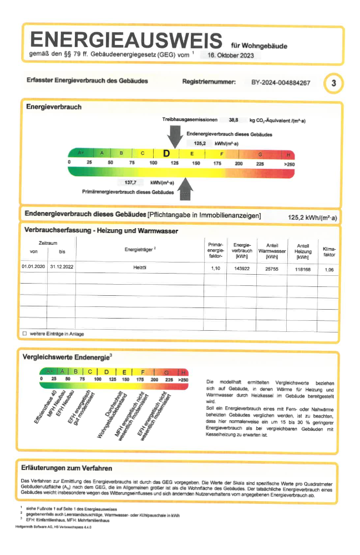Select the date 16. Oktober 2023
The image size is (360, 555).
click(x=230, y=56)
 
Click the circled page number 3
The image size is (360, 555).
click(x=333, y=83)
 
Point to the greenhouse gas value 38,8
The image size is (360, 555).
click(x=233, y=119)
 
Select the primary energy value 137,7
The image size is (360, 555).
click(x=131, y=182)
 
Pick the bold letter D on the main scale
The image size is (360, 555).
click(x=166, y=153)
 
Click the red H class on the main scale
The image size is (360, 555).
click(x=288, y=154)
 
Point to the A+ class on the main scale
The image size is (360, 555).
click(x=80, y=153)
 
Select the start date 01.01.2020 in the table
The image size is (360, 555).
click(x=33, y=268)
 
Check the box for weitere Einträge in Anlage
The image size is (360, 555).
click(x=24, y=334)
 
